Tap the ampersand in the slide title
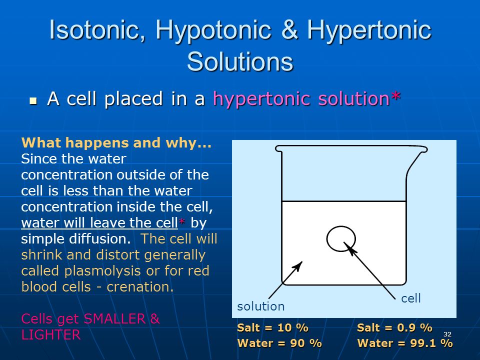pyautogui.click(x=289, y=29)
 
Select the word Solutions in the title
pyautogui.click(x=240, y=61)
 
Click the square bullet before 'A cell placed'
pyautogui.click(x=33, y=100)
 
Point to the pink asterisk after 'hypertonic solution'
pyautogui.click(x=395, y=96)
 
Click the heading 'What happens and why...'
pyautogui.click(x=116, y=143)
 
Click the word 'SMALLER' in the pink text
pyautogui.click(x=114, y=318)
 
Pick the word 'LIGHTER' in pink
pyautogui.click(x=51, y=334)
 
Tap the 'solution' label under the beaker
pyautogui.click(x=261, y=306)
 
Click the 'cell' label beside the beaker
pyautogui.click(x=411, y=298)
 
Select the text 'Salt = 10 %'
pyautogui.click(x=273, y=327)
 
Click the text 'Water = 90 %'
pyautogui.click(x=279, y=343)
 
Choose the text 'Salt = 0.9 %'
pyautogui.click(x=394, y=327)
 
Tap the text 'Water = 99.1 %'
pyautogui.click(x=405, y=343)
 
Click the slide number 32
pyautogui.click(x=447, y=334)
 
